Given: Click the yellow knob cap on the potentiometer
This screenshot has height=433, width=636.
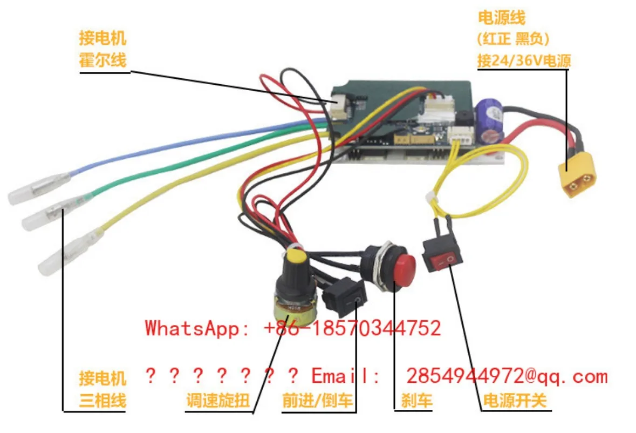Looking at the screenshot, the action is coord(296,257).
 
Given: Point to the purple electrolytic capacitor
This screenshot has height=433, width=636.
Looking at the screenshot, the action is coord(490,120).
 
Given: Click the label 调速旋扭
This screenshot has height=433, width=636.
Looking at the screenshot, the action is coord(218,400).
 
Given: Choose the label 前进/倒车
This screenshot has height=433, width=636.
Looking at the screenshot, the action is coord(317,401).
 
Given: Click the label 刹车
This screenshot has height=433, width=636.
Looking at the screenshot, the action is coord(416,400).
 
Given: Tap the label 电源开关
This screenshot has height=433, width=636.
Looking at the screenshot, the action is coord(515,400).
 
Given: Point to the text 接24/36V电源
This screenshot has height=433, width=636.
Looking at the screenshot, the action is coord(524,60).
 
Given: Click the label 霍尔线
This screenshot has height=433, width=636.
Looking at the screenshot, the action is coord(102,60).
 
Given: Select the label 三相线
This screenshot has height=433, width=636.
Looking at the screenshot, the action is coord(102,400).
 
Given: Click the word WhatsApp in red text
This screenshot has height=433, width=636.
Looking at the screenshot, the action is coord(193,328).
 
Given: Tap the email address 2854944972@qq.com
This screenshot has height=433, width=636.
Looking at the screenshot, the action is coord(507,376).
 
